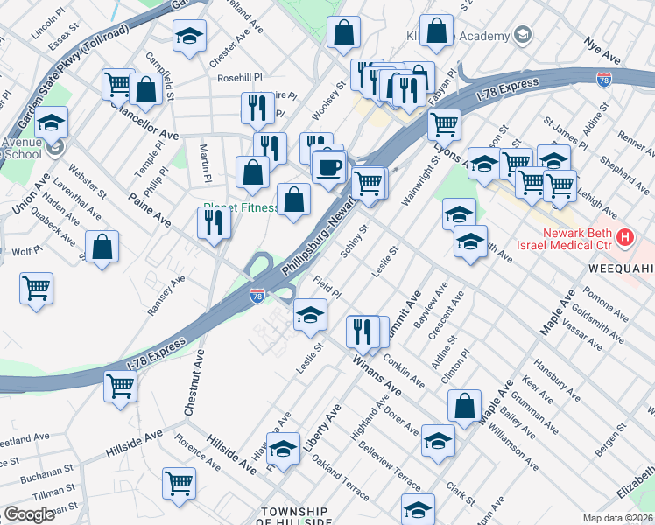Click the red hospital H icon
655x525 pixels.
(624, 237)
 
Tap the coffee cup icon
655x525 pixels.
(328, 166)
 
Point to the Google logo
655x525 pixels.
(29, 514)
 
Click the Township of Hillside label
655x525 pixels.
(294, 516)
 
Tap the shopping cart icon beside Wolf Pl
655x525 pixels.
(36, 288)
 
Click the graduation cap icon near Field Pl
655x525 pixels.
(309, 314)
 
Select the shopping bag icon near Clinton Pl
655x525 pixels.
(464, 405)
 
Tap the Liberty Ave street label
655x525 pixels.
(320, 427)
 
